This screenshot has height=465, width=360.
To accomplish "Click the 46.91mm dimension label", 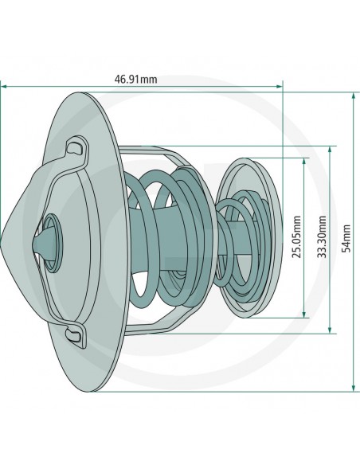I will (136, 80).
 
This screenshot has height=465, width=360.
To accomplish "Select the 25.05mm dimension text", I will (296, 238).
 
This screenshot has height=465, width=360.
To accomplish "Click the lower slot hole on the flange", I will (75, 336).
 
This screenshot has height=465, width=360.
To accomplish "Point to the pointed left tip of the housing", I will (4, 238).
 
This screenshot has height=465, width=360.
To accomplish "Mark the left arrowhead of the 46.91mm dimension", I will (4, 86).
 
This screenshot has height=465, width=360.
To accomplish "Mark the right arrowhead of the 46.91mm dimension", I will (280, 86).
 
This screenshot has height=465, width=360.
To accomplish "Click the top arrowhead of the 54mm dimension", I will (353, 95).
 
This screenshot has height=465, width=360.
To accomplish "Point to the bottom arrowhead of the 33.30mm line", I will (329, 330).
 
